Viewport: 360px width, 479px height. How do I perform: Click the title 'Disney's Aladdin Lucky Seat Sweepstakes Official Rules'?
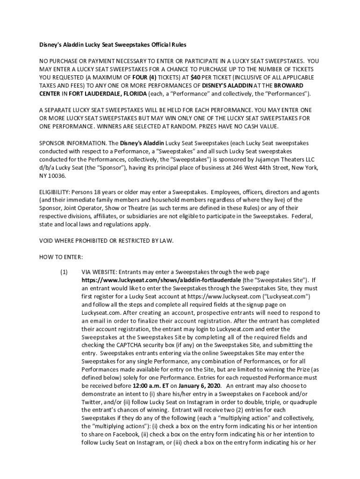[x=112, y=45]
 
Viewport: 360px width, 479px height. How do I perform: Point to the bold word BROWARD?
[x=288, y=86]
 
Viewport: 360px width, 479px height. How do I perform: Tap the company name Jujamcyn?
[x=262, y=160]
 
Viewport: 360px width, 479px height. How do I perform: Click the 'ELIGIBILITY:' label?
[x=54, y=192]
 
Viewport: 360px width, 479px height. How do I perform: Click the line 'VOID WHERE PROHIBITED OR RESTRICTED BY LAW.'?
[x=106, y=241]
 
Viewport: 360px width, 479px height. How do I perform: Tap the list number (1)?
[x=64, y=272]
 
